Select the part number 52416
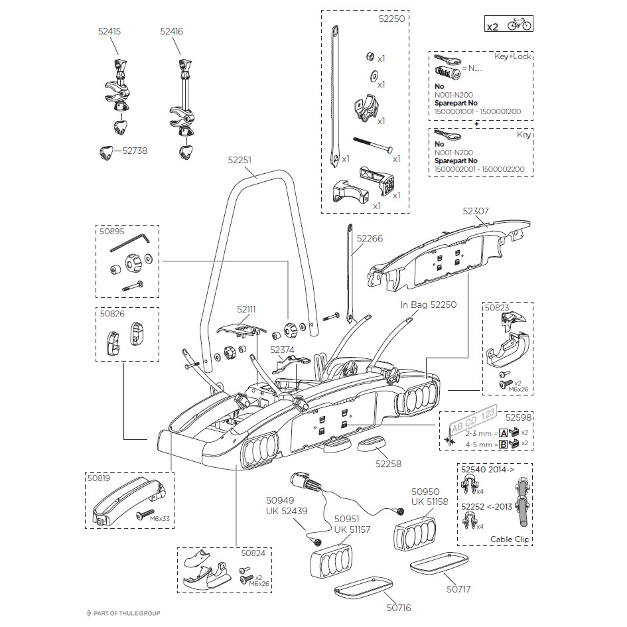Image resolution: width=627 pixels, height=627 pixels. coord(171,31)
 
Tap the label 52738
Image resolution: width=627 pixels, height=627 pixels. coord(135,151)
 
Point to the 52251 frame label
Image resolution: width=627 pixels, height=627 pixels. coord(240,160)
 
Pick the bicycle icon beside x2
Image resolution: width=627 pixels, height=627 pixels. coord(519,26)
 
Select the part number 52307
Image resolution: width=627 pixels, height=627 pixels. coord(476,211)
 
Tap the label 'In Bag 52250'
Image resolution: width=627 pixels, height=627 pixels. coord(429,305)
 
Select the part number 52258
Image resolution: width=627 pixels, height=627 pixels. coord(388,464)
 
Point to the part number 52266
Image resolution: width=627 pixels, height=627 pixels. coord(370,238)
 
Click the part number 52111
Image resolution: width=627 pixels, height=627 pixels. coord(246,309)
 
